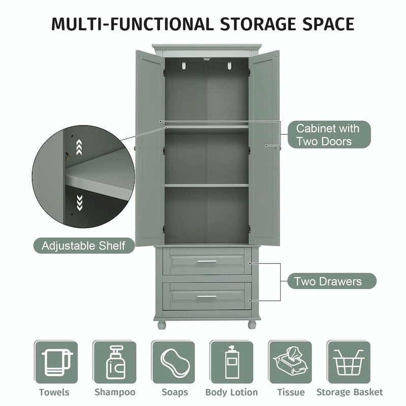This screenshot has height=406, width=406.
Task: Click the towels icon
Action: [56, 362]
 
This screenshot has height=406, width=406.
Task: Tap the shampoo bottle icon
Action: [115, 362]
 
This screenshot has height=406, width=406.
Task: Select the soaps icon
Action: [173, 362]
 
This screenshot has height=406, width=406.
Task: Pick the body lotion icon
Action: [231, 362]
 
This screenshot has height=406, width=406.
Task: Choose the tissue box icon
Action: [290, 362]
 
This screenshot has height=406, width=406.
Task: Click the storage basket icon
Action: [349, 362]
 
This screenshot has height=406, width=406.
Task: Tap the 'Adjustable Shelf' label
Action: [84, 246]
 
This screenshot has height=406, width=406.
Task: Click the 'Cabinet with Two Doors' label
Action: [327, 134]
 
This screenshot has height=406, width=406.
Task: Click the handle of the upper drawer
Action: [207, 262]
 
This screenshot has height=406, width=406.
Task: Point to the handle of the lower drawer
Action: [207, 296]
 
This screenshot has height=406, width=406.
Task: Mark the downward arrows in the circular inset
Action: [79, 203]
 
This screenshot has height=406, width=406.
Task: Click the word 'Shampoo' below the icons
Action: [115, 392]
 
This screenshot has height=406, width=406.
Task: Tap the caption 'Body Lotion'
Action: [231, 392]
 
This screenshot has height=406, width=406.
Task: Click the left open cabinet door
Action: [150, 147]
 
